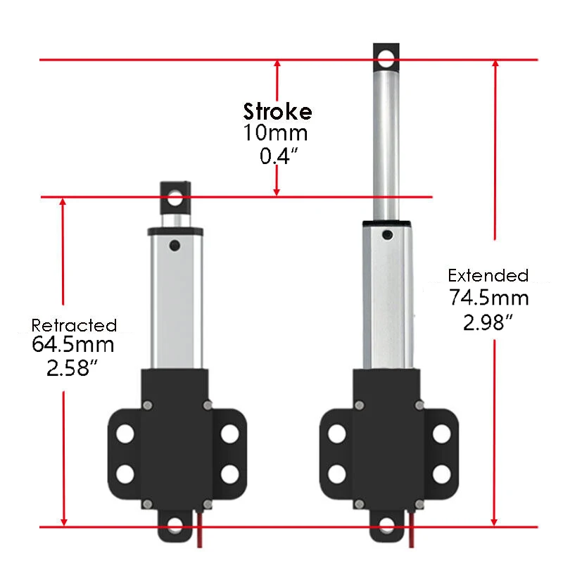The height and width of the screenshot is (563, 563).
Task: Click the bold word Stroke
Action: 277,112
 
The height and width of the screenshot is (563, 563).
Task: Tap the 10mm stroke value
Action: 276,133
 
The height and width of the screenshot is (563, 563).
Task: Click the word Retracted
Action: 74,325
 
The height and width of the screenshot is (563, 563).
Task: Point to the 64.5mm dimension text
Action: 73,346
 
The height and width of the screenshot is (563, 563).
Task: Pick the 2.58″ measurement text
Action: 70,368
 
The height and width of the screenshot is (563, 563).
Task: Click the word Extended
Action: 488,275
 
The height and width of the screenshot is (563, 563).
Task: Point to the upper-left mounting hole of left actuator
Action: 125,434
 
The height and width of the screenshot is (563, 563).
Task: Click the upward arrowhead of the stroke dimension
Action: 278,65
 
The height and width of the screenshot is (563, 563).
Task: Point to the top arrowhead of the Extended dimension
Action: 495,65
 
